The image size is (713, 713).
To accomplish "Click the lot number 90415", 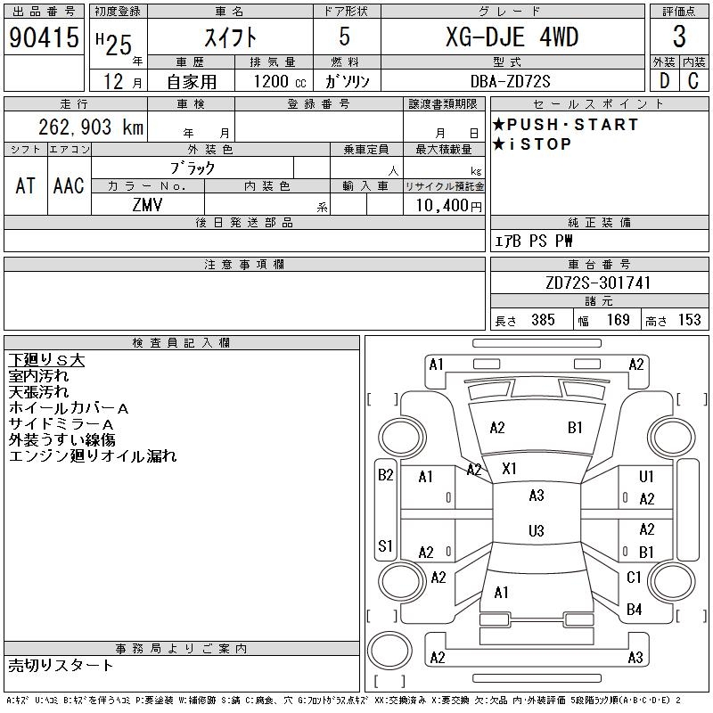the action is (x=44, y=37).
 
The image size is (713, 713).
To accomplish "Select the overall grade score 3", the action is (x=679, y=37).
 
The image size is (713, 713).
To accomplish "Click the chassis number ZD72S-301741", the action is (x=599, y=283).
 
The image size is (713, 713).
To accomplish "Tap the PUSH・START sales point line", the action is (x=565, y=125).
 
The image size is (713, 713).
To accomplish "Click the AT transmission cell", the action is (x=25, y=185).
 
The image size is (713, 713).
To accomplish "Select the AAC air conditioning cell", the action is (x=69, y=185).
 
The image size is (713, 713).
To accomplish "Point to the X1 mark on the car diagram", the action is (x=510, y=468).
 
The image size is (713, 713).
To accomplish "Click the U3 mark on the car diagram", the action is (x=536, y=531).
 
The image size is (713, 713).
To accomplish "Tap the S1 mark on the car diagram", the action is (x=385, y=545).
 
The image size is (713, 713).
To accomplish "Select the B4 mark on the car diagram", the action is (x=635, y=610).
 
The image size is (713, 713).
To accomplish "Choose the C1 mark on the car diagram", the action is (x=635, y=578).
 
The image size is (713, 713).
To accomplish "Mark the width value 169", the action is (x=619, y=320).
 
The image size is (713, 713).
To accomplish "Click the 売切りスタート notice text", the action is (x=61, y=665).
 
